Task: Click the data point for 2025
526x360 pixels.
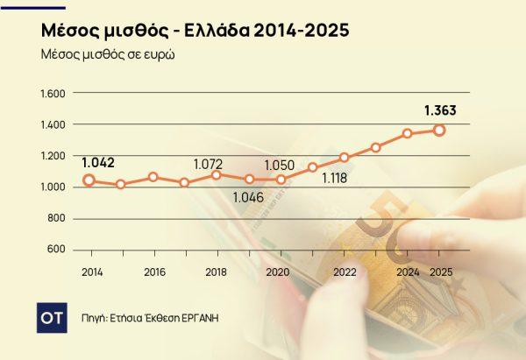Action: (439, 131)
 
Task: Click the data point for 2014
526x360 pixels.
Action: (89, 180)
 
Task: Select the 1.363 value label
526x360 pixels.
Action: (440, 110)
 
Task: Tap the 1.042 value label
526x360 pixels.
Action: (98, 162)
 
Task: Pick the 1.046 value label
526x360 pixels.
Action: (248, 196)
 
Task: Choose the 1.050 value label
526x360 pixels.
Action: (281, 164)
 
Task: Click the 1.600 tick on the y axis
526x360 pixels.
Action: (54, 94)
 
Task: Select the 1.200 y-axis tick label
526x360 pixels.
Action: (54, 156)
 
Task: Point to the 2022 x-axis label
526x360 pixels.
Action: (344, 272)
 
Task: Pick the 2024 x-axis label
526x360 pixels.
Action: (407, 272)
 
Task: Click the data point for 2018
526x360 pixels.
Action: (216, 175)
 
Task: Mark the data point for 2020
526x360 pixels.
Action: (281, 179)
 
